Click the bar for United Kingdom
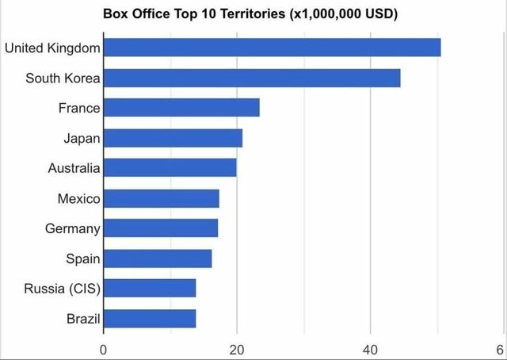[272, 48]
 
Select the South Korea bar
[252, 78]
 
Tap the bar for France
[181, 108]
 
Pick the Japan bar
[173, 138]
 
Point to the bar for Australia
[170, 168]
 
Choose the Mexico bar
[161, 198]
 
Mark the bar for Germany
[160, 228]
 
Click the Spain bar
[157, 259]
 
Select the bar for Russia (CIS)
[149, 289]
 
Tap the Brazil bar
[149, 319]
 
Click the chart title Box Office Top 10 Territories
[250, 14]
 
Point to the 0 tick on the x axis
[103, 350]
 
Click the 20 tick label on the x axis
[236, 350]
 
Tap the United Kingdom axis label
[52, 48]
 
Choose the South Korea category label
[63, 79]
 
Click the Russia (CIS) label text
[62, 289]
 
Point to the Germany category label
[73, 228]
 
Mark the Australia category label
[74, 168]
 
